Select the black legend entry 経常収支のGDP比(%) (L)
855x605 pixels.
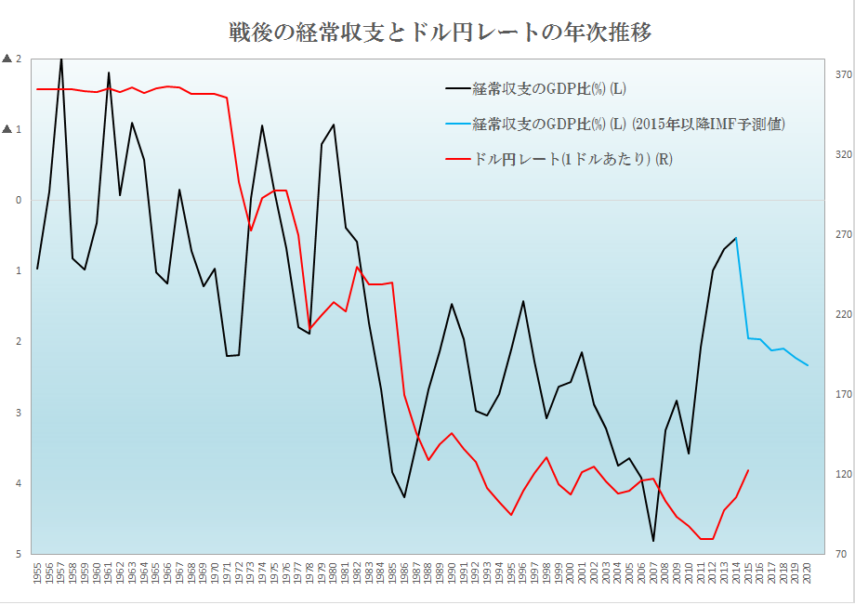coord(549,89)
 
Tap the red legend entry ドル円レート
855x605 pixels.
coord(572,159)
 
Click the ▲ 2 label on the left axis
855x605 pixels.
coord(12,59)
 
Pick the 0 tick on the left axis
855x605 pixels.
coord(17,200)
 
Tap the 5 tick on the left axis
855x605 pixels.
coord(17,555)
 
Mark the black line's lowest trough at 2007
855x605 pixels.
coord(653,541)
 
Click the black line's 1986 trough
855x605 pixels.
coord(404,497)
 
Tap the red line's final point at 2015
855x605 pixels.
coord(748,470)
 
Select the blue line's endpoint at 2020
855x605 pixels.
coord(808,365)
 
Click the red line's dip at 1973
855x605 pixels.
coord(251,230)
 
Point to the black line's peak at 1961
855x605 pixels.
coord(109,72)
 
